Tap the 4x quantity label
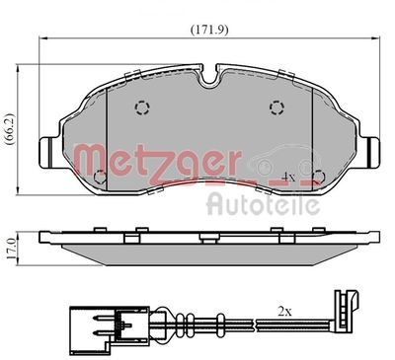288,178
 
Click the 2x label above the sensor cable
284,310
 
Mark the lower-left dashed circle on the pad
100,178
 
